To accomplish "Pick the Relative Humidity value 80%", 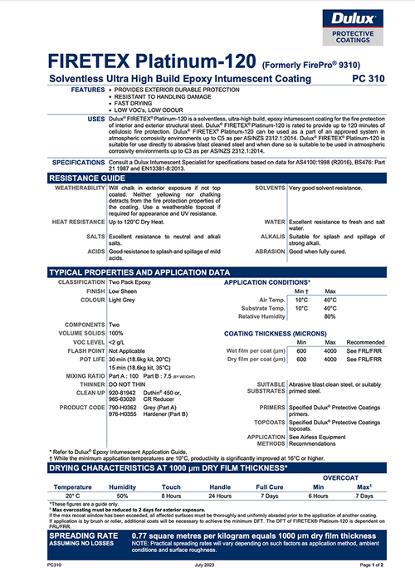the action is [x=330, y=316].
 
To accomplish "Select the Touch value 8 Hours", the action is [x=172, y=496].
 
